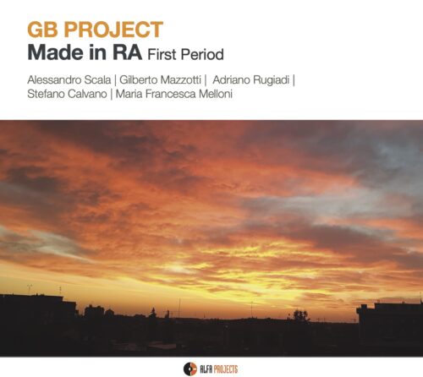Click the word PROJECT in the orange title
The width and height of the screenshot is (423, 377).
tap(113, 30)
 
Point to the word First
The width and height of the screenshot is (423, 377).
tap(162, 54)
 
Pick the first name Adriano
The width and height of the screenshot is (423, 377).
tap(231, 79)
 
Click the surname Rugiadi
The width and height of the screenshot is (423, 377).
tap(271, 80)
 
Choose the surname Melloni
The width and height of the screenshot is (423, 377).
tap(216, 94)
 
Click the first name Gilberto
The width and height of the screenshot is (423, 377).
tap(137, 79)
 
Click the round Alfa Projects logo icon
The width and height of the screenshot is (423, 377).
tap(190, 369)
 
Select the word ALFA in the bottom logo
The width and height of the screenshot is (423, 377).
tap(206, 369)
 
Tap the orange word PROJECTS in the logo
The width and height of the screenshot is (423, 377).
tap(226, 369)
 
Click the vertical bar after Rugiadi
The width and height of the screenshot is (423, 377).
tap(294, 80)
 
